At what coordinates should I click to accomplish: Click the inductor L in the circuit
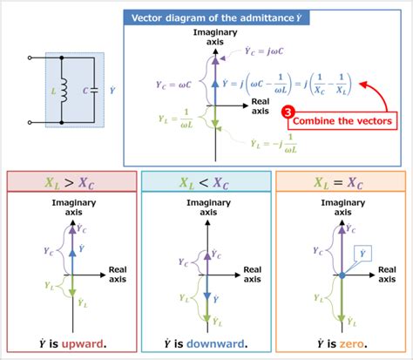tap(64, 91)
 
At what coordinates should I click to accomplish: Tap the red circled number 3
tap(286, 112)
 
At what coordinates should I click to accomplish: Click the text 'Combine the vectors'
tap(341, 120)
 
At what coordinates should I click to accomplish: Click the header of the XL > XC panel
tap(71, 180)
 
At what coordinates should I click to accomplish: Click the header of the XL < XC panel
tap(205, 180)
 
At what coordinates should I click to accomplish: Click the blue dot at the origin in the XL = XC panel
tap(342, 275)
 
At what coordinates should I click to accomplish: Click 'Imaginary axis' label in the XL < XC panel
tap(206, 208)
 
